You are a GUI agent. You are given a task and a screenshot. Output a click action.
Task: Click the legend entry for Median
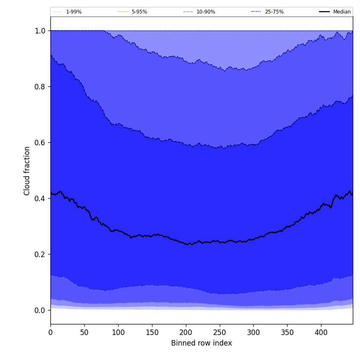tap(342, 12)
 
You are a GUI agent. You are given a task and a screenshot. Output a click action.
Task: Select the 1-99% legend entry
tap(74, 12)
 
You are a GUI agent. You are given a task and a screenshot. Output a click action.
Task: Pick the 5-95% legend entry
tap(139, 12)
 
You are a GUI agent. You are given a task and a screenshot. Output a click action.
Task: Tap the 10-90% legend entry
tap(206, 12)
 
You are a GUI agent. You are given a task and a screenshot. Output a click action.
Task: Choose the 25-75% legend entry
tap(274, 12)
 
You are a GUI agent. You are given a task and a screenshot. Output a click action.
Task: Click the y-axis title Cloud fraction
tap(27, 171)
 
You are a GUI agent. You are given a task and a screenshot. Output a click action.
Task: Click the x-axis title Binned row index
tap(202, 343)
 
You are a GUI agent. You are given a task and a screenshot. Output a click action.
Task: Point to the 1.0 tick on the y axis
tap(40, 30)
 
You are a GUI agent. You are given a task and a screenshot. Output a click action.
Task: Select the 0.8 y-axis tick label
tap(40, 86)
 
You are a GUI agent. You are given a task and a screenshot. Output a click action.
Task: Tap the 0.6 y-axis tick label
tap(40, 142)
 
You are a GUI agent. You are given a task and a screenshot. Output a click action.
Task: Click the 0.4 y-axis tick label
tap(40, 198)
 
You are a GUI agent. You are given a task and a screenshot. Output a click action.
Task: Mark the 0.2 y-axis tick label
tap(40, 254)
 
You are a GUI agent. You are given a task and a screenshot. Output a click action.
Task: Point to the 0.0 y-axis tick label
tap(40, 310)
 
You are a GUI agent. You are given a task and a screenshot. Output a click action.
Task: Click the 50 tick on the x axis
tap(84, 332)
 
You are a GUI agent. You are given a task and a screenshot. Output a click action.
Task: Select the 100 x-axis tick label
tap(118, 332)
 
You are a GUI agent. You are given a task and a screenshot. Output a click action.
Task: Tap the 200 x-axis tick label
tap(186, 332)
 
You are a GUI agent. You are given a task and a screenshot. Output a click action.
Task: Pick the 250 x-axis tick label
tap(219, 332)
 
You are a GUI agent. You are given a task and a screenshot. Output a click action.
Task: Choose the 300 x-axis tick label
tap(253, 332)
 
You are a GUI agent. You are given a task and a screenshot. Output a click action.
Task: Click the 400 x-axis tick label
tap(321, 332)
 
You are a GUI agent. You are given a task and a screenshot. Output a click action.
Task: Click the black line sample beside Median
tap(324, 12)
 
